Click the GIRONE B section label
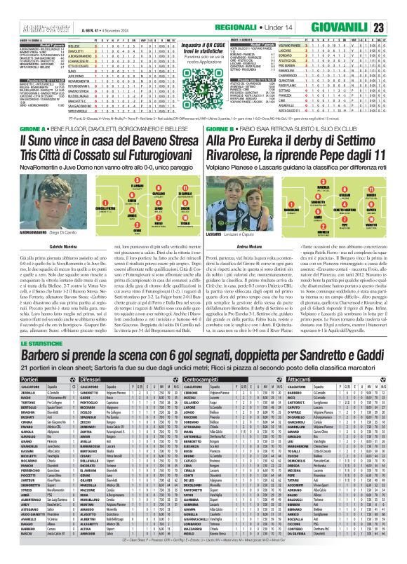click(222, 150)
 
